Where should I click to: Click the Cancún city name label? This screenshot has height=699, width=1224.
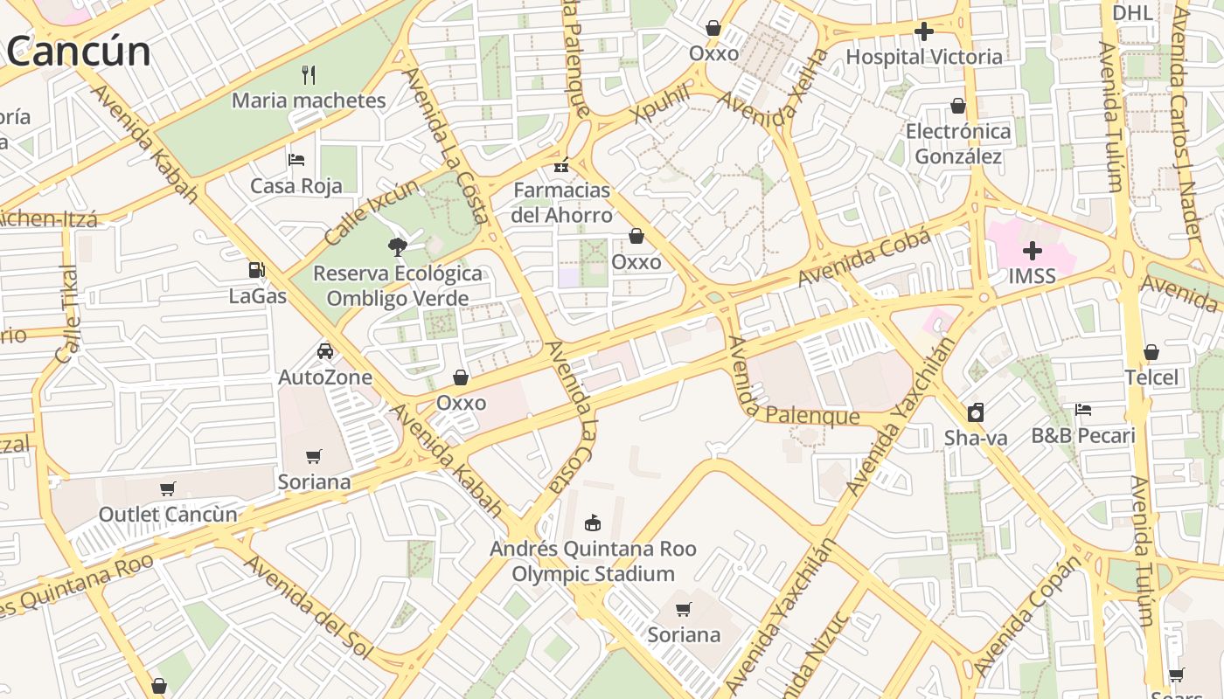tap(79, 52)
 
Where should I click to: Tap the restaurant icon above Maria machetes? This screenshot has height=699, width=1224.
tap(308, 74)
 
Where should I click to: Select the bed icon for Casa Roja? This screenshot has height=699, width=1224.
tap(296, 160)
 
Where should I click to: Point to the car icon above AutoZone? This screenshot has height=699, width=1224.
tap(325, 351)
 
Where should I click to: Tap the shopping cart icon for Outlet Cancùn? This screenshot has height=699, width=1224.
tap(168, 488)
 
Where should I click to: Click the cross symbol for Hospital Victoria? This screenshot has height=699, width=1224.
tap(924, 32)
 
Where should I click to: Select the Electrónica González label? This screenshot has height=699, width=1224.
tap(958, 144)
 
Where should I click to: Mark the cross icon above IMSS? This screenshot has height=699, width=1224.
tap(1033, 251)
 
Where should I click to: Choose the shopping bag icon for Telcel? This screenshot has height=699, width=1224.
tap(1151, 352)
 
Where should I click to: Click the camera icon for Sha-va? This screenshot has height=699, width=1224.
tap(976, 412)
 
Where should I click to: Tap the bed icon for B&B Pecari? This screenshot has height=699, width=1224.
tap(1083, 410)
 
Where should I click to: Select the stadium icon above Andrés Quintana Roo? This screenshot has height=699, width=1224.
tap(593, 523)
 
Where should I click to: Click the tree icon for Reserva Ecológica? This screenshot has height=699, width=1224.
tap(398, 246)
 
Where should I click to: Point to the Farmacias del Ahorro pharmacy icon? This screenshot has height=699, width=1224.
tap(561, 163)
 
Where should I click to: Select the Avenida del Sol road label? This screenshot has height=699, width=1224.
tap(308, 607)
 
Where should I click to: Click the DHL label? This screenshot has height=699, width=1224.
tap(1133, 12)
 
